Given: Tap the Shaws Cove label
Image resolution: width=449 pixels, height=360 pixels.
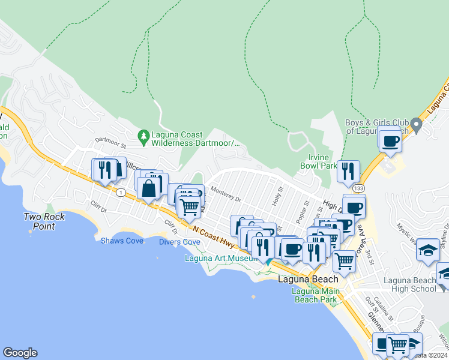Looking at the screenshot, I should click(122, 241).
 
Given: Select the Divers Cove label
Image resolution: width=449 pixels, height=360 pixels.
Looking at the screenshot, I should click(179, 242).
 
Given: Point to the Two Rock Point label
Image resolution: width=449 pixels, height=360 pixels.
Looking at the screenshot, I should click(44, 221).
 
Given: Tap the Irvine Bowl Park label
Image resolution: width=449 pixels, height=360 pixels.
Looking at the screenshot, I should click(319, 161).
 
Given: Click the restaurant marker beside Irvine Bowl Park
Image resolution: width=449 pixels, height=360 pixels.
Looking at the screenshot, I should click(348, 172).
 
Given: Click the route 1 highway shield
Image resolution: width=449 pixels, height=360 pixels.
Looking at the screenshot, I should click(121, 192).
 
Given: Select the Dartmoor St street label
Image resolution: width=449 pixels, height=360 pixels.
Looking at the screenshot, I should click(110, 145).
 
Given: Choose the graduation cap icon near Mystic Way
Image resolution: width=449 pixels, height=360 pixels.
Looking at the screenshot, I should click(429, 250).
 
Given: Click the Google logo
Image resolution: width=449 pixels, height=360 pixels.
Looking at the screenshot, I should click(20, 353).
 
